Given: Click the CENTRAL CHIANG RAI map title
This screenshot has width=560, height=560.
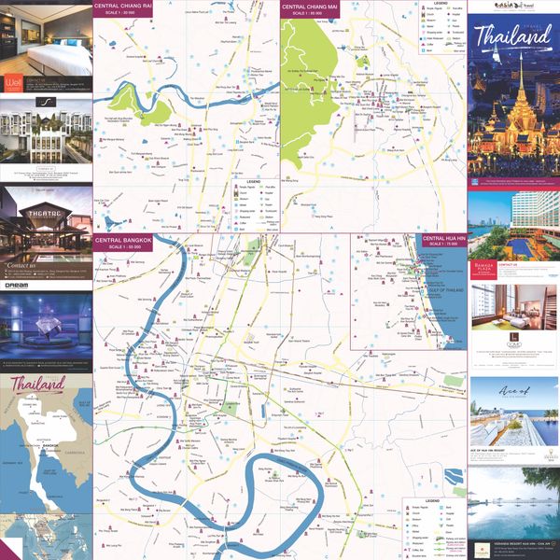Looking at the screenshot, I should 124,7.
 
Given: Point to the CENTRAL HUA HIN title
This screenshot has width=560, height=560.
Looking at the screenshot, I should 443,239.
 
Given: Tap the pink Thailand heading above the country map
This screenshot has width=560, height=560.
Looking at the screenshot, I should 38,384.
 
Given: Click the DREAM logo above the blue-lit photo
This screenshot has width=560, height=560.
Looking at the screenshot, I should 18,286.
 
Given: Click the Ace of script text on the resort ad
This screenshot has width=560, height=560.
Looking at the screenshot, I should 512,391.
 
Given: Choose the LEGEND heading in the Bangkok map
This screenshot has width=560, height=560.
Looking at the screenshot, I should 431,500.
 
